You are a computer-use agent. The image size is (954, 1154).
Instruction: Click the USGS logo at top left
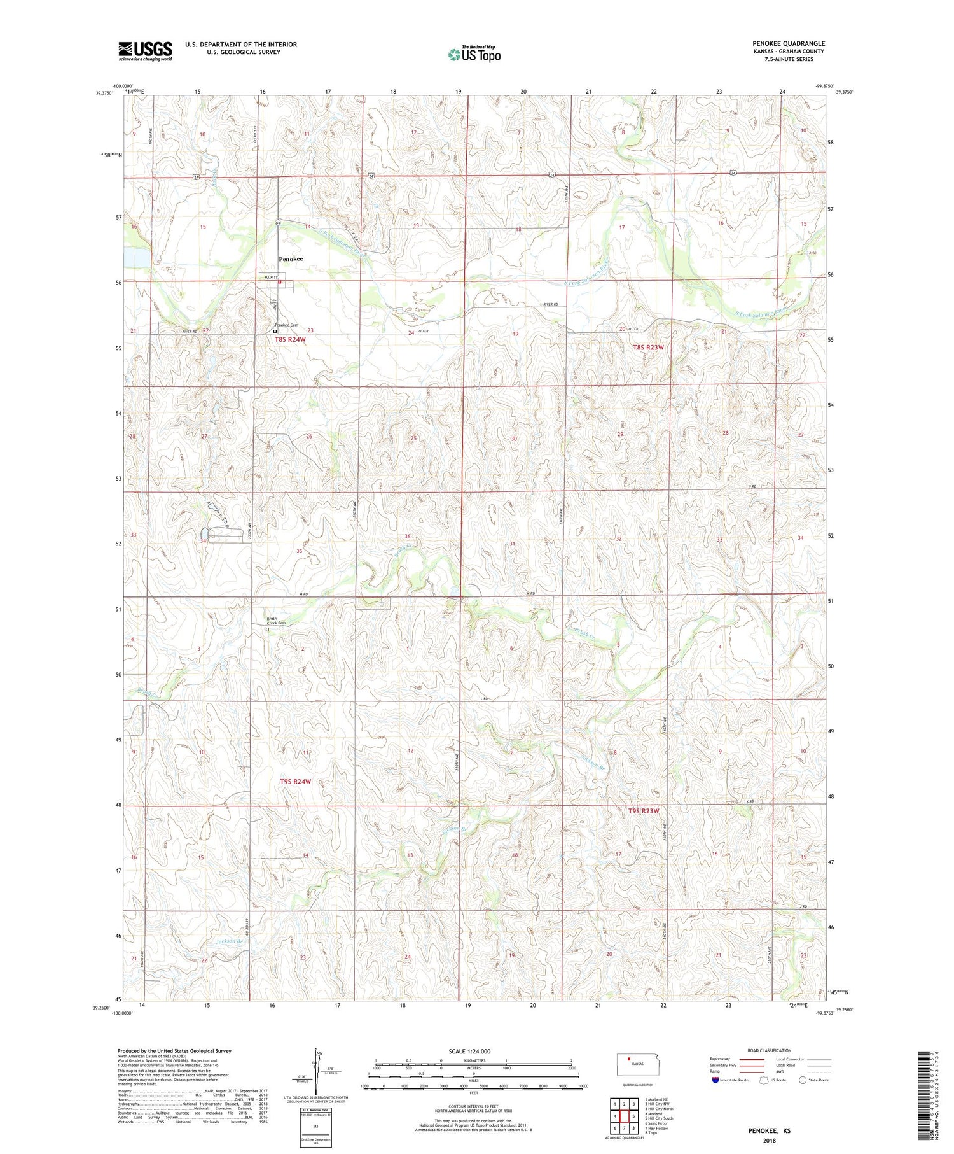tap(145, 51)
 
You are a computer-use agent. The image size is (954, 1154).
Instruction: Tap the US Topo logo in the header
tap(474, 54)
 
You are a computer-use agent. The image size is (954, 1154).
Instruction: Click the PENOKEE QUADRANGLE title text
tap(788, 43)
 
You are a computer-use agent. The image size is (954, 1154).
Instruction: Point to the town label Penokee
tap(291, 259)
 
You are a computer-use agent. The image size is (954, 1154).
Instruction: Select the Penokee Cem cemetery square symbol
tap(275, 331)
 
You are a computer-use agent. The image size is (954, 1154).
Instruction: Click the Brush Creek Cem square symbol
tap(267, 630)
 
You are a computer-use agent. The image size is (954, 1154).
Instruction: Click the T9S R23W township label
tap(644, 811)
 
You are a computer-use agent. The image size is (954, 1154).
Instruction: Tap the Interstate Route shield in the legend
tap(715, 1080)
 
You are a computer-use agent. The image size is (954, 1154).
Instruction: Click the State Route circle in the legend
tap(803, 1080)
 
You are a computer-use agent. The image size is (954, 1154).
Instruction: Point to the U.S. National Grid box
tap(315, 1127)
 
